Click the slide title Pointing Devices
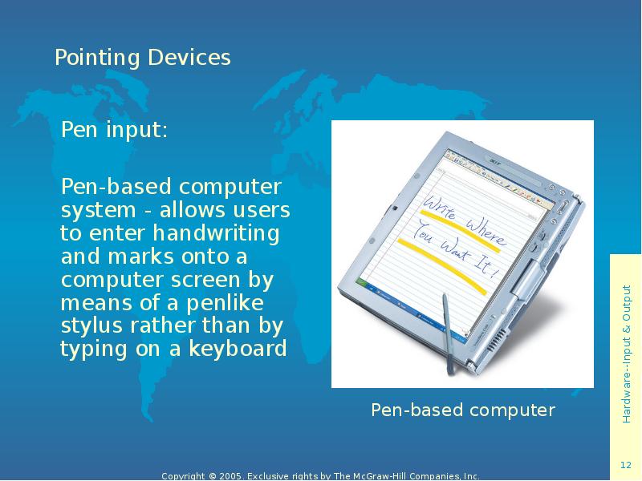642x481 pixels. click(x=142, y=58)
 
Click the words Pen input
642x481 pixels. click(x=114, y=130)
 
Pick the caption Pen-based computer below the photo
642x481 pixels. click(x=462, y=410)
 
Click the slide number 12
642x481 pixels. click(x=626, y=466)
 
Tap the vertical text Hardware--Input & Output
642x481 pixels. click(x=626, y=353)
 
